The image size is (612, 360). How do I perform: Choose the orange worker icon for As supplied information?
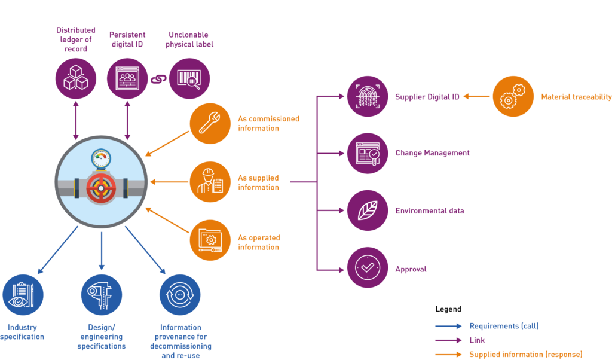tap(210, 182)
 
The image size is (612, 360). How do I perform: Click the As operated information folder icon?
tap(210, 240)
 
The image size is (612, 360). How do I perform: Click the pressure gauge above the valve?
tap(101, 158)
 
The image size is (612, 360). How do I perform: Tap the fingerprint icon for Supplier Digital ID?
tap(368, 96)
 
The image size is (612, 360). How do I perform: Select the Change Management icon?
tap(368, 153)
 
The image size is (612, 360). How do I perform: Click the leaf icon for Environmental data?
tap(368, 210)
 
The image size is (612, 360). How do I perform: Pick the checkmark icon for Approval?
tap(368, 267)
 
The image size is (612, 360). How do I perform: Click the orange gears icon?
tap(513, 96)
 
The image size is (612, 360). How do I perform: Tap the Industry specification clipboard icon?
tap(23, 295)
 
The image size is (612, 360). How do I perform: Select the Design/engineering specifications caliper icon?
tap(102, 295)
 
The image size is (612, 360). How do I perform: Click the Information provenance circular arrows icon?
tap(180, 295)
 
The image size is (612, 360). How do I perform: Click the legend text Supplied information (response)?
tap(525, 354)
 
